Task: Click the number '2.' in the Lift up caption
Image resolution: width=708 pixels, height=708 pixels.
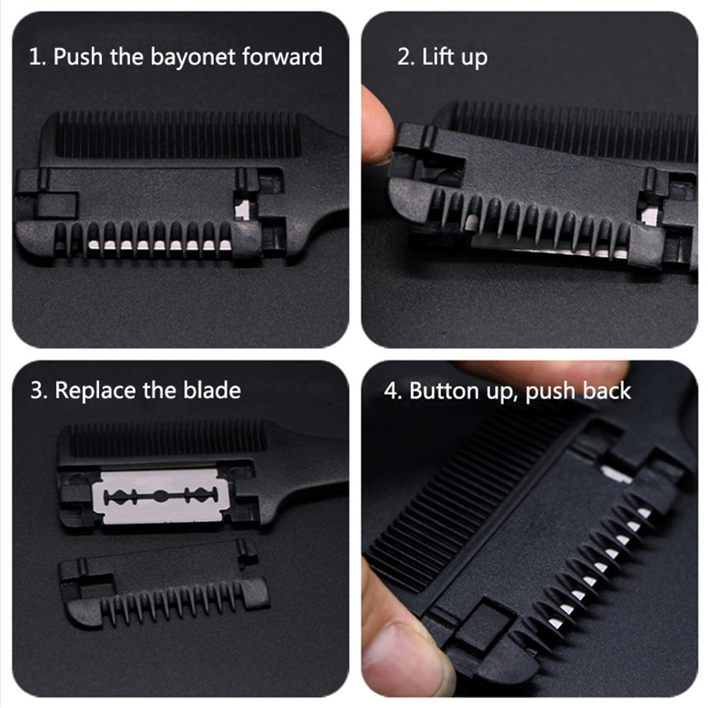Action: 406,57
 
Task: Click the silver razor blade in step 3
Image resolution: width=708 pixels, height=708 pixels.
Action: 160,497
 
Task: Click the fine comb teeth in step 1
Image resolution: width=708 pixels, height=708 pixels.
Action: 177,134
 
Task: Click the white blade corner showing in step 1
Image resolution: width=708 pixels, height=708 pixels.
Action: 242,210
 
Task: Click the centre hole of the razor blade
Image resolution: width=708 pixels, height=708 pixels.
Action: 160,496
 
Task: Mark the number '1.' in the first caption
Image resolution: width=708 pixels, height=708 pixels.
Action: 37,57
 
